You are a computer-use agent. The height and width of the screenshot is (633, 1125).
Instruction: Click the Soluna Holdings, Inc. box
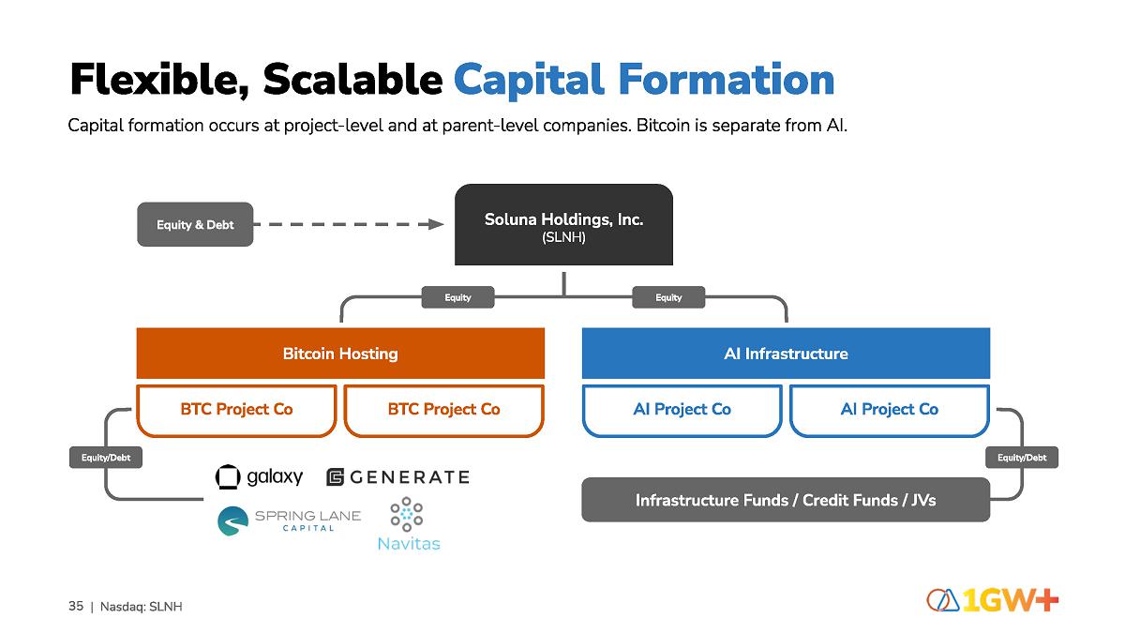point(563,225)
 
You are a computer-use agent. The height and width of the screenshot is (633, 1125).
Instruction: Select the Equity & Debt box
point(195,225)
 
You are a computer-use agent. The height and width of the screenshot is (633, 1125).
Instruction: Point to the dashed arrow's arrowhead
point(434,224)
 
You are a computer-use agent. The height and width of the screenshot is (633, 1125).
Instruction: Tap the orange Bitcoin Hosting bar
point(340,354)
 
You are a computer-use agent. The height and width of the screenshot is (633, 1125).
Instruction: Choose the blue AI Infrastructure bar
point(786,354)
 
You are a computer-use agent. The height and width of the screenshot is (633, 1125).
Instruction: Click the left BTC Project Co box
point(236,410)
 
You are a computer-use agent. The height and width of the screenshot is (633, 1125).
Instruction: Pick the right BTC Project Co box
point(443,410)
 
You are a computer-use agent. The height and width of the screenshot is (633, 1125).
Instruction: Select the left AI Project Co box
point(682,410)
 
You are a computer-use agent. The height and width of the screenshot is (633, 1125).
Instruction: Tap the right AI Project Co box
point(889,410)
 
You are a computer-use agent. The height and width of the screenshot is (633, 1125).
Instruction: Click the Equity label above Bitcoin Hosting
point(457,297)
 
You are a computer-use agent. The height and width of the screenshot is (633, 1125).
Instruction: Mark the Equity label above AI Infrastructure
point(668,297)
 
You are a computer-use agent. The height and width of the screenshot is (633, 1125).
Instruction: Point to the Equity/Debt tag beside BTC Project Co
point(106,458)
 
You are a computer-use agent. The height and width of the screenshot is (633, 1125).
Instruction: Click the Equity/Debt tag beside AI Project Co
point(1022,458)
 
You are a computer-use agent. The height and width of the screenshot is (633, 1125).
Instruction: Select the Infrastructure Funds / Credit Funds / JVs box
point(786,500)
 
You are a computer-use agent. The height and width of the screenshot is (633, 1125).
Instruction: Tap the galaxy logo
point(259,477)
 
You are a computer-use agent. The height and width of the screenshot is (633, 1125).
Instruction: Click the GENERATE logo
point(397,477)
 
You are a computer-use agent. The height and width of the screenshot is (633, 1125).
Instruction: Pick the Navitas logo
point(408,524)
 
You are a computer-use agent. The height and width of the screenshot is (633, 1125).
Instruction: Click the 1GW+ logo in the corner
point(993,600)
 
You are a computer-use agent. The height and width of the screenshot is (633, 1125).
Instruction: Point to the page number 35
point(76,606)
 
